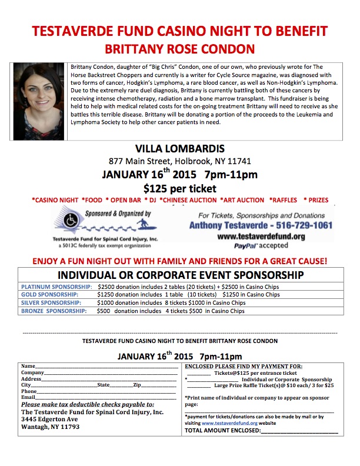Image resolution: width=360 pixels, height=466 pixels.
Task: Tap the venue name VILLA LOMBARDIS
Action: click(179, 148)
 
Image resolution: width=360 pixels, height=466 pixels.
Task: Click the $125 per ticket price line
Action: click(179, 188)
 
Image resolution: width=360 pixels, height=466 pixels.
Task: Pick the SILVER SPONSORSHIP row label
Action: click(51, 302)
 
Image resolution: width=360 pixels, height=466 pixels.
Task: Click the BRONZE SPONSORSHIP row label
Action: click(54, 311)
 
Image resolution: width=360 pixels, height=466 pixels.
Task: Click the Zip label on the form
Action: click(137, 385)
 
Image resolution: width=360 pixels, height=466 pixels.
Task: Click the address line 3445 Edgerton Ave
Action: click(49, 420)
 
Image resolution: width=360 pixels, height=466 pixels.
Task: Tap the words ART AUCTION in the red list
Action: click(239, 200)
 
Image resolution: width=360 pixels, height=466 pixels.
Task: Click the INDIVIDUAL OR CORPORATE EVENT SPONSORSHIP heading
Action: click(179, 275)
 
